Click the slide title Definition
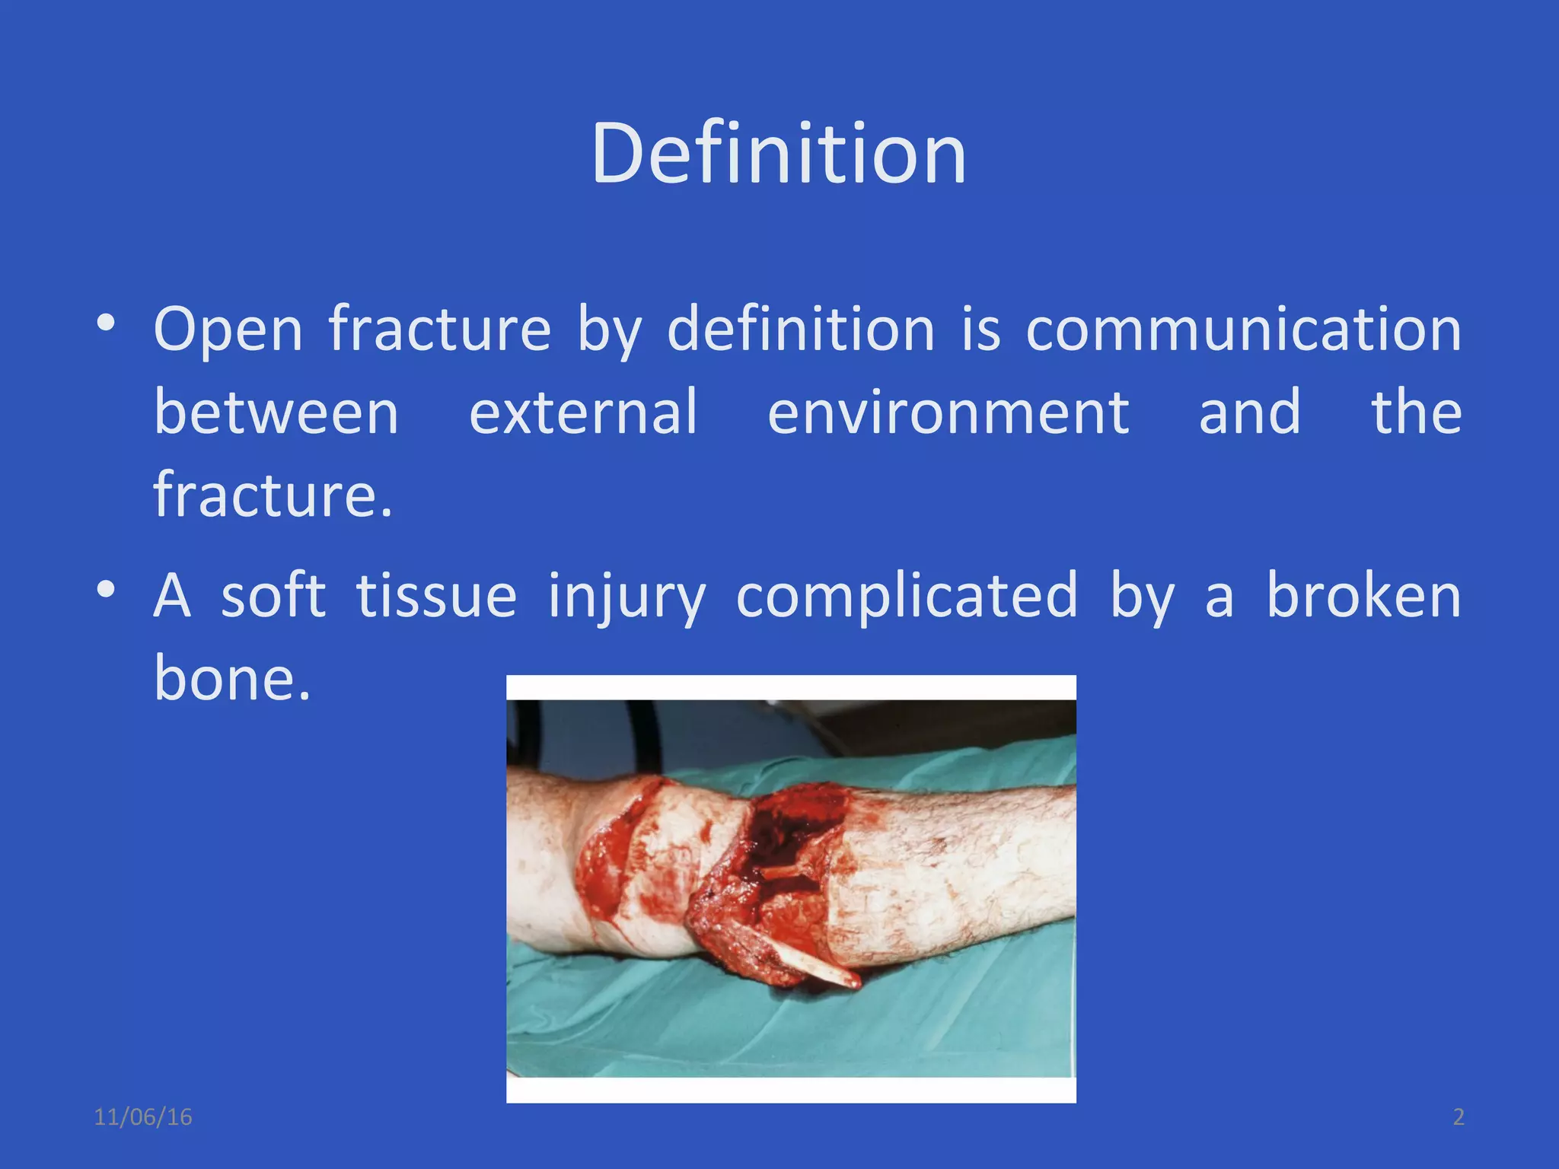point(778,154)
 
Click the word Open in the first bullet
point(228,331)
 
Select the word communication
point(1243,330)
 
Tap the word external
point(583,412)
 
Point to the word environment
point(948,412)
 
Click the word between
point(276,412)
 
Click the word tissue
point(436,596)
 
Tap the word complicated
point(907,597)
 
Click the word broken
point(1363,596)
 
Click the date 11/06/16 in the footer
point(142,1117)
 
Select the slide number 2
point(1459,1117)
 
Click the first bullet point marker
point(106,323)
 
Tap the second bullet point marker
point(106,589)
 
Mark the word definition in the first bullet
point(801,330)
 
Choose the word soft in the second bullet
point(273,596)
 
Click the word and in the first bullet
point(1249,412)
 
